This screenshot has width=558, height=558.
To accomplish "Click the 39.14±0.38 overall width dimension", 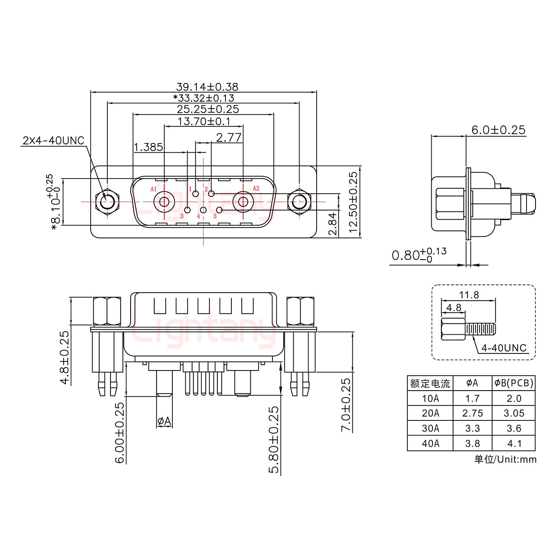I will [207, 86].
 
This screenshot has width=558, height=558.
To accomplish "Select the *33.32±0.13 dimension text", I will [204, 98].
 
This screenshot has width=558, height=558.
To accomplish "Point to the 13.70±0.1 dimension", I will [204, 121].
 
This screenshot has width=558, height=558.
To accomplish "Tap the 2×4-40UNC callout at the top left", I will [53, 141].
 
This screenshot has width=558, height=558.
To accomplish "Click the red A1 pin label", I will [153, 189].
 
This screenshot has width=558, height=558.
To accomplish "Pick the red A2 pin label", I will [256, 188].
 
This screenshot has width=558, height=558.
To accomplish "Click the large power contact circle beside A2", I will [243, 201].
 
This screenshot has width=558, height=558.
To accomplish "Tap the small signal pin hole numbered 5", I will [219, 210].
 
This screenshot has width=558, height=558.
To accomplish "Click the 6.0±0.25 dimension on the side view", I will [498, 130].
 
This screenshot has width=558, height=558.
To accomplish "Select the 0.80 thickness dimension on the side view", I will [418, 255].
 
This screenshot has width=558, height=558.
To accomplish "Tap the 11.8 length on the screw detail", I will [469, 295].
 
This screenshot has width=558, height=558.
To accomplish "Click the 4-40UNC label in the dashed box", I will [504, 348].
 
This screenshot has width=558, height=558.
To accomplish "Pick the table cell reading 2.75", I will [472, 413].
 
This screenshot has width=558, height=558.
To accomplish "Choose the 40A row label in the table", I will [430, 443].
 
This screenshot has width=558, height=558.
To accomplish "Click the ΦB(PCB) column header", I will [514, 383].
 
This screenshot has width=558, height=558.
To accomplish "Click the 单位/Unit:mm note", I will [505, 460].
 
